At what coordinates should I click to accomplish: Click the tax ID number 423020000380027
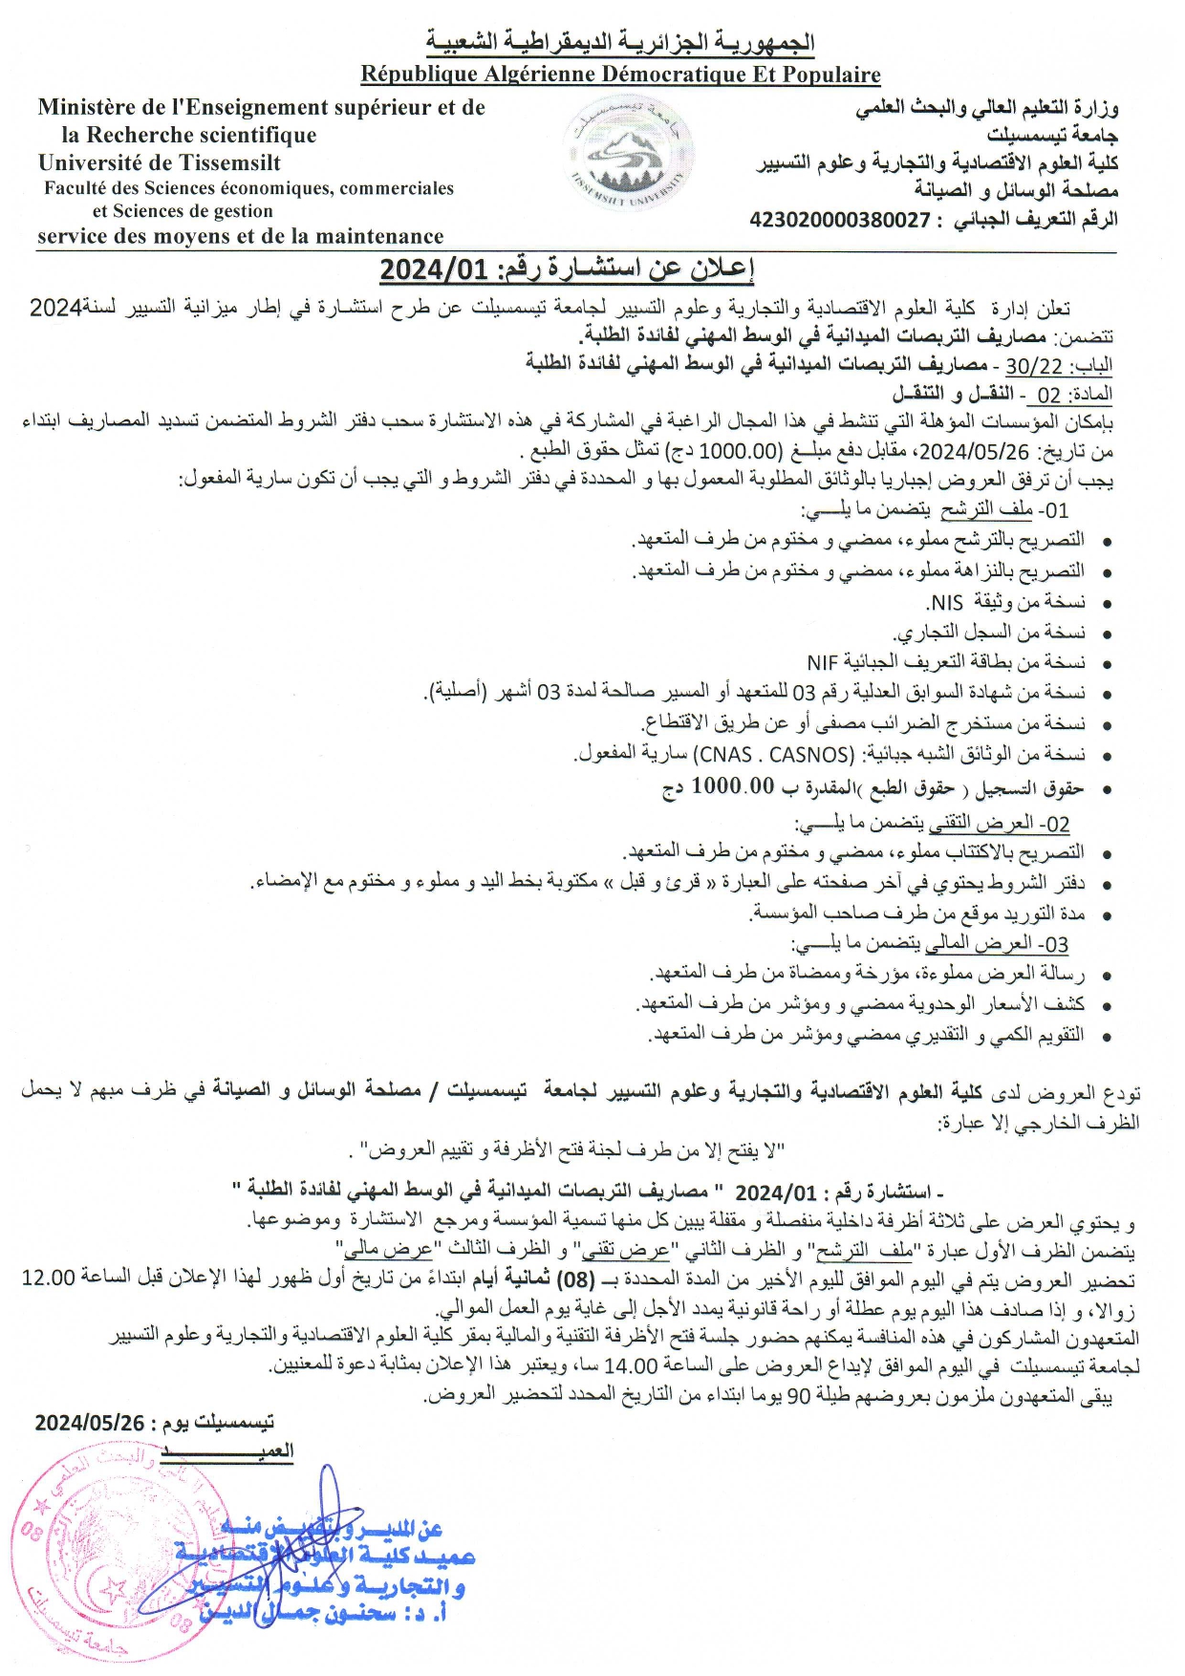840,220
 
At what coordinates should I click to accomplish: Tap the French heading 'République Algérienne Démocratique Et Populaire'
620,74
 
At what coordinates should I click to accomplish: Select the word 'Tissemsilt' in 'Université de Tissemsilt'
226,162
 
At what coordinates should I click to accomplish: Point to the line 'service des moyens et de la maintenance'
241,236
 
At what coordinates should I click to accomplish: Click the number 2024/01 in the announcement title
434,270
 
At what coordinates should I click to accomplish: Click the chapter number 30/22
1033,365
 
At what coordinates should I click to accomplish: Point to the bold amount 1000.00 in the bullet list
732,786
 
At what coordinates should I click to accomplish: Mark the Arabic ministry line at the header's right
986,109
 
